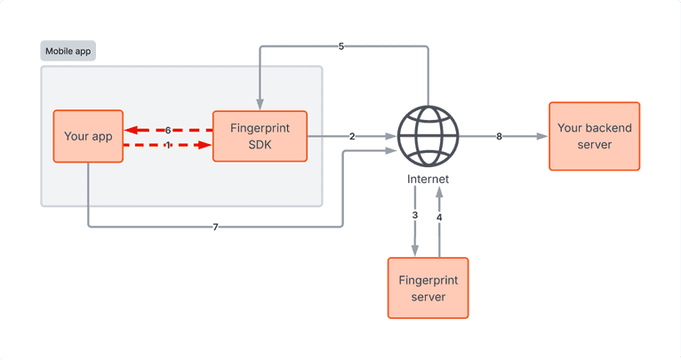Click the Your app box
(88, 136)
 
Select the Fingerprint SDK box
(260, 136)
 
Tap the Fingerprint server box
(428, 287)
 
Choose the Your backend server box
(594, 135)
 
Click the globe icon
(428, 136)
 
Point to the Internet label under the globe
(428, 179)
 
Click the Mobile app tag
(68, 51)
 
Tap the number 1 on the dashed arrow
(167, 145)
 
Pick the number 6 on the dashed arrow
(167, 130)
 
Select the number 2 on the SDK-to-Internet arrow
(352, 136)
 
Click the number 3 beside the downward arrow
(414, 215)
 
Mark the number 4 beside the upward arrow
(439, 215)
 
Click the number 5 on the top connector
(341, 46)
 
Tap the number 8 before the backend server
(499, 136)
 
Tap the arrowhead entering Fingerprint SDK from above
(259, 103)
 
